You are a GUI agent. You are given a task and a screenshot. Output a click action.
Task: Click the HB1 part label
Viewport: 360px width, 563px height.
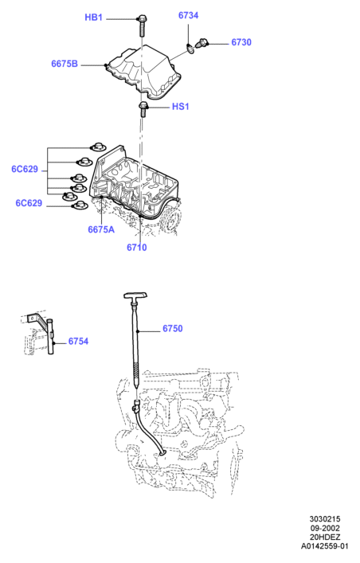[93, 18]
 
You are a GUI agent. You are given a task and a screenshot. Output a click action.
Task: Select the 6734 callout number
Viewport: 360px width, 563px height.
[188, 15]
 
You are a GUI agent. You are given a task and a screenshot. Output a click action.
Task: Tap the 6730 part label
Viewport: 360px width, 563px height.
[241, 42]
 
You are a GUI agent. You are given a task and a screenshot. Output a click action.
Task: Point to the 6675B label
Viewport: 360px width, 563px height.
[65, 64]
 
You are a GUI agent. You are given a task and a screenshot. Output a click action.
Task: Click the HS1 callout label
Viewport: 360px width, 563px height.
[180, 107]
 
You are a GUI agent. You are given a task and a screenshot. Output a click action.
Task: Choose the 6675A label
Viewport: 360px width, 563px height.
[101, 229]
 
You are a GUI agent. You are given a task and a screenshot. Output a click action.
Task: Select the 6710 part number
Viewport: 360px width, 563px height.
[136, 248]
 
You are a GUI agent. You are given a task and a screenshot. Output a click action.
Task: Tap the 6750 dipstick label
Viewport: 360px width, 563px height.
[173, 329]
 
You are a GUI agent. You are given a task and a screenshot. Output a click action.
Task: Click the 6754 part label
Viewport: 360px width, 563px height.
[78, 341]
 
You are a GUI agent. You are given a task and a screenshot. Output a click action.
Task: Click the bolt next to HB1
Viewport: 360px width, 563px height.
[142, 25]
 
